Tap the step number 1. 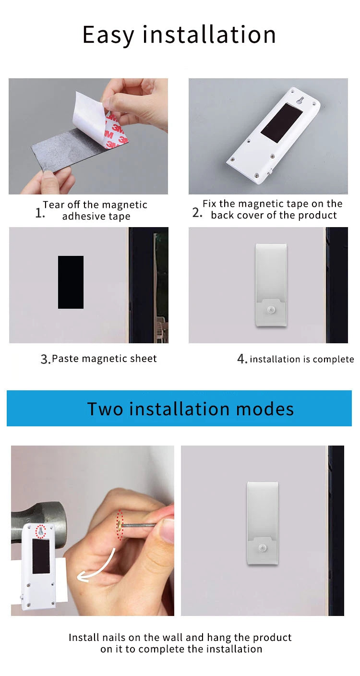pyautogui.click(x=39, y=213)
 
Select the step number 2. pyautogui.click(x=197, y=213)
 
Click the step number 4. pyautogui.click(x=242, y=359)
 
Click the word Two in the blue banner pyautogui.click(x=105, y=409)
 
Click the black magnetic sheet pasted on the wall pyautogui.click(x=71, y=282)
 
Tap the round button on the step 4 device pyautogui.click(x=271, y=310)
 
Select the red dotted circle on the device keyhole pyautogui.click(x=40, y=531)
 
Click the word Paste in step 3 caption pyautogui.click(x=65, y=359)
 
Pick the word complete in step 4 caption pyautogui.click(x=333, y=360)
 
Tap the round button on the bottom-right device pyautogui.click(x=262, y=548)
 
